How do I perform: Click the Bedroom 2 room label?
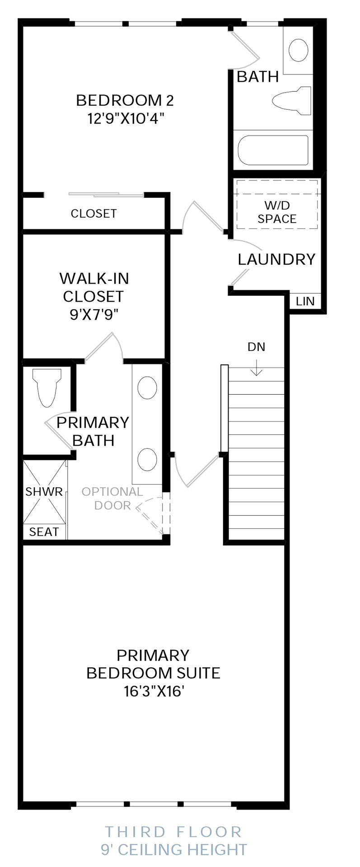click(x=125, y=100)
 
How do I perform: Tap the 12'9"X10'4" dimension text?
click(x=126, y=119)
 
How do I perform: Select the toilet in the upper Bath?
click(x=292, y=100)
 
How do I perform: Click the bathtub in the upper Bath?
click(x=273, y=150)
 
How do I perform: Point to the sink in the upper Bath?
click(x=299, y=50)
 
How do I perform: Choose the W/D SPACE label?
click(x=277, y=212)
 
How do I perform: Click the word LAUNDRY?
click(x=276, y=259)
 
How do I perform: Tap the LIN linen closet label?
click(x=305, y=301)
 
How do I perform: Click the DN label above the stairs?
click(x=256, y=347)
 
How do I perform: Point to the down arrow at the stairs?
click(x=257, y=368)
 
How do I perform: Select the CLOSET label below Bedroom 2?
click(x=94, y=214)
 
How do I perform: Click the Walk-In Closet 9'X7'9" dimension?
click(x=94, y=314)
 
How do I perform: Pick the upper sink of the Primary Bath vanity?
click(x=147, y=387)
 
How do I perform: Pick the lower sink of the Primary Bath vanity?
click(x=147, y=460)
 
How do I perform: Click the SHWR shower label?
click(x=44, y=492)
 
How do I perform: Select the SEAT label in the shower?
click(x=44, y=532)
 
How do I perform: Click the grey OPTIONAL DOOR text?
click(x=112, y=499)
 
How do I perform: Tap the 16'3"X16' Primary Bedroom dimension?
click(x=154, y=691)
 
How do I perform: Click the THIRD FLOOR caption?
click(x=174, y=832)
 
